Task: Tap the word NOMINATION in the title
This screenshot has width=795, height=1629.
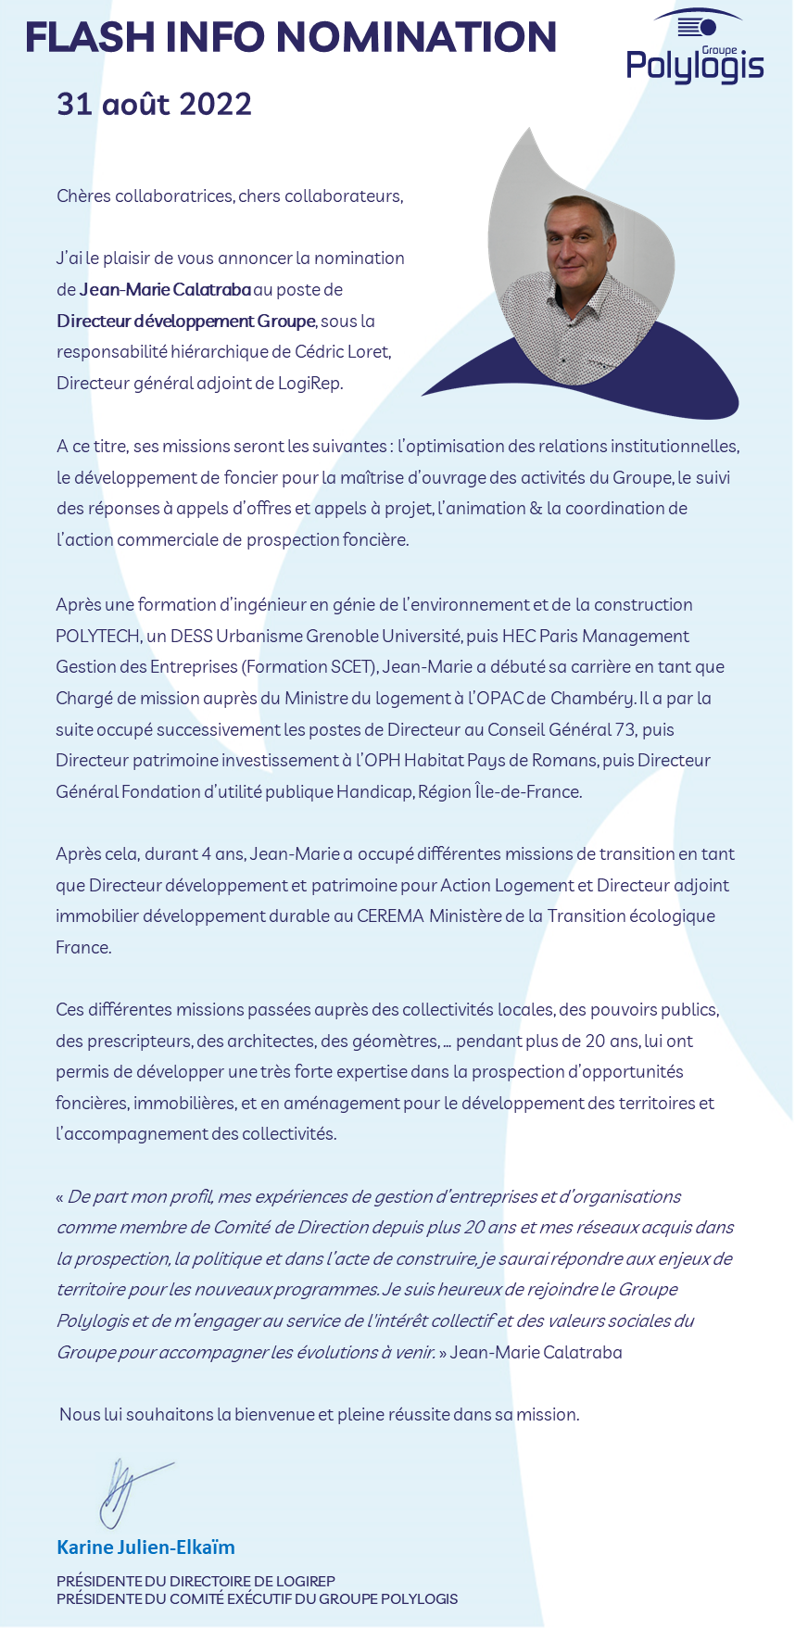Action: click(416, 37)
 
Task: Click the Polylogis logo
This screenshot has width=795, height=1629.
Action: click(695, 48)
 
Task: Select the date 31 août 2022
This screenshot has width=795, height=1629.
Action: click(155, 104)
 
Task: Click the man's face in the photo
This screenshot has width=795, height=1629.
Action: click(578, 243)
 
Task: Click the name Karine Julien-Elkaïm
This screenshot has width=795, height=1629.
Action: click(145, 1547)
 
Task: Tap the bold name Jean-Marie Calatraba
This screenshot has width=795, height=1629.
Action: click(165, 290)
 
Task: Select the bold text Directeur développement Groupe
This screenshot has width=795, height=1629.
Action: click(186, 322)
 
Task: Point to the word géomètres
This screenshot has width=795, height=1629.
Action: click(395, 1042)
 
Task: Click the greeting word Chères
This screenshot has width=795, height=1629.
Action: click(83, 196)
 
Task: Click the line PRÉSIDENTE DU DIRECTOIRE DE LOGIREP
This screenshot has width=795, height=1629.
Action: click(196, 1581)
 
